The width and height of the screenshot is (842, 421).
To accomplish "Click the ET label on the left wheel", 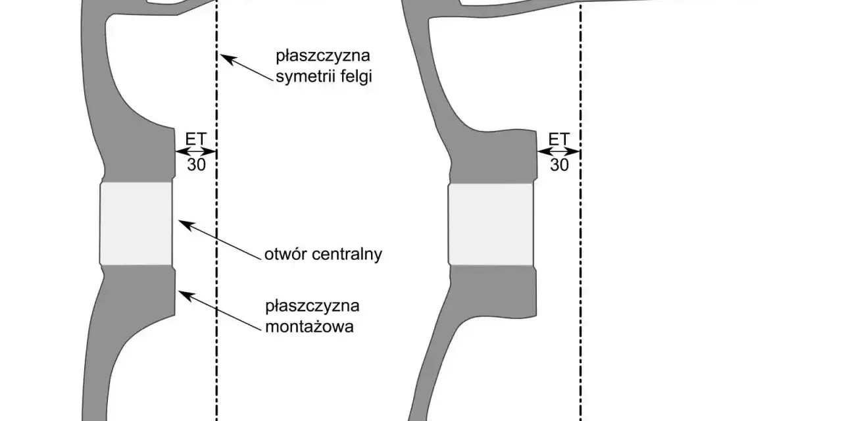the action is (x=196, y=139).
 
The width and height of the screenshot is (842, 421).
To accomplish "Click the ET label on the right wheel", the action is (x=559, y=139).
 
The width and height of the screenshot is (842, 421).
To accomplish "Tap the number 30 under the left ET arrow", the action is (x=196, y=164).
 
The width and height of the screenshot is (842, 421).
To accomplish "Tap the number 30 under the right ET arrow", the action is (x=559, y=164).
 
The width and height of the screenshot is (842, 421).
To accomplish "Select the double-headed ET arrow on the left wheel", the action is (x=196, y=152).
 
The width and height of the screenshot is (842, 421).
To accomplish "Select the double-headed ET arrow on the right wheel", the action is (x=559, y=152).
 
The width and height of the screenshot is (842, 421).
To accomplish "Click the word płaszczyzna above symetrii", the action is (x=323, y=57).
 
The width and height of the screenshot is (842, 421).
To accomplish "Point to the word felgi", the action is (x=356, y=77).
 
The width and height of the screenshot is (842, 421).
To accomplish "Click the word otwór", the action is (x=286, y=255).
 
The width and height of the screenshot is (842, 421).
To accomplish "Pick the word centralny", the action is (x=347, y=255).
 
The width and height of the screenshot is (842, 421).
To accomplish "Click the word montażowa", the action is (x=309, y=326).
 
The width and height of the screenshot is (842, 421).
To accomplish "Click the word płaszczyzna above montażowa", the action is (x=312, y=307).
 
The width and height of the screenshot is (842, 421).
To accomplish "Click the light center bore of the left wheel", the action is (x=136, y=223).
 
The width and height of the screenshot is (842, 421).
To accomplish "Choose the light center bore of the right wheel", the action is (x=491, y=224).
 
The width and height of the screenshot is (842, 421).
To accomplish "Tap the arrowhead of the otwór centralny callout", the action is (x=186, y=224).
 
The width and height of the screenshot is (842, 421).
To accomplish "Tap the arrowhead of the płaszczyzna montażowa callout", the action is (x=186, y=295).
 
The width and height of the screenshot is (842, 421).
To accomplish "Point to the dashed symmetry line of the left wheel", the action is (x=217, y=210).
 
